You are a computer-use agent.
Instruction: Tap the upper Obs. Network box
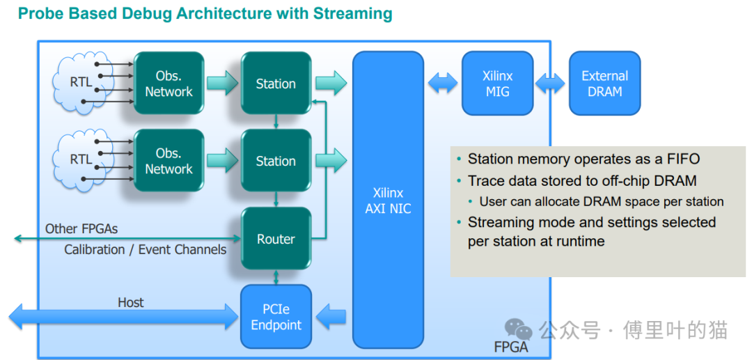tap(169, 84)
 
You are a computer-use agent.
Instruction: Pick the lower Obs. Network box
tap(169, 161)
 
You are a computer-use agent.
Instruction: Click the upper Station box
tap(276, 84)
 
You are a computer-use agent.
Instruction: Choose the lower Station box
tap(276, 161)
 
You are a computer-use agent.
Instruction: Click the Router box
tap(276, 239)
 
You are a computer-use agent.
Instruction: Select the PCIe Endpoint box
tap(276, 316)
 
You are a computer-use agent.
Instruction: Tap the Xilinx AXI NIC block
tap(388, 200)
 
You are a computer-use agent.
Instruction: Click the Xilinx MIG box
tap(497, 84)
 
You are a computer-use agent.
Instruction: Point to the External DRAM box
tap(604, 84)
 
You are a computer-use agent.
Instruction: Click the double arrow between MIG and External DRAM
tap(551, 84)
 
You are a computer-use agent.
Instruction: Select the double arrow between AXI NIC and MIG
tap(443, 84)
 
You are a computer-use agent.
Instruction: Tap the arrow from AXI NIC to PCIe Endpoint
tap(331, 316)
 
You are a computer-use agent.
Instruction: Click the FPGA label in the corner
tap(511, 347)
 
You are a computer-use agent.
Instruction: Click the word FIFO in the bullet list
tap(682, 159)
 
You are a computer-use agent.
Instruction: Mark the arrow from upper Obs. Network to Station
tap(222, 84)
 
